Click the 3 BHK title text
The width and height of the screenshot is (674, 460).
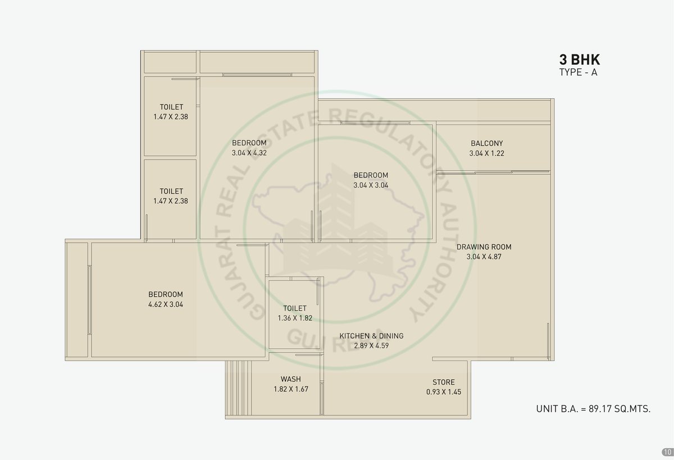(580, 60)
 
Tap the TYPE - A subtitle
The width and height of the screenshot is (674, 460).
(578, 72)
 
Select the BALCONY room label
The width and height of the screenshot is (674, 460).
(487, 143)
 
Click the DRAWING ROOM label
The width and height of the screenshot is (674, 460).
(484, 247)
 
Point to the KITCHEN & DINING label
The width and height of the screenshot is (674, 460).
(371, 336)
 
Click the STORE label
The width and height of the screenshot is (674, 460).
(444, 382)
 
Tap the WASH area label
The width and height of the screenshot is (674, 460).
(291, 379)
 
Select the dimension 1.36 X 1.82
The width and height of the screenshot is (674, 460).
(295, 318)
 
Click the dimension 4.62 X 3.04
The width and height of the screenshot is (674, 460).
(166, 304)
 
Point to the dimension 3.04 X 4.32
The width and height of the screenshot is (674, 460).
(249, 153)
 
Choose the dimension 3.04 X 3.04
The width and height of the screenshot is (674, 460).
(371, 185)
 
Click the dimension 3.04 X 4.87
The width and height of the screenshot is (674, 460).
(484, 257)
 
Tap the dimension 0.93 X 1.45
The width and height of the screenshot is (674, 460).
(444, 391)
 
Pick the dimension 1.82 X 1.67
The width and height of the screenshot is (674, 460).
(291, 389)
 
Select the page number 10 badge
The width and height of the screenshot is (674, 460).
(667, 452)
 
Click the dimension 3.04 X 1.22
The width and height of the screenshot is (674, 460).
(487, 153)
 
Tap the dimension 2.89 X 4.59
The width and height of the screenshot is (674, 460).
(371, 345)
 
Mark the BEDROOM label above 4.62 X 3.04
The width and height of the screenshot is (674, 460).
(166, 294)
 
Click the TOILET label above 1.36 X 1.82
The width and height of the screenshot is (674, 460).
(295, 308)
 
